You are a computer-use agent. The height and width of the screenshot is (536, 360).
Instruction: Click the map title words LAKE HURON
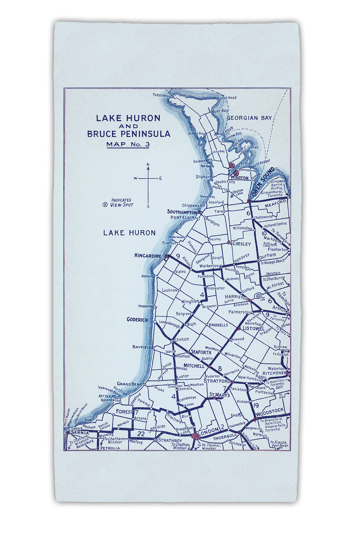[128, 118]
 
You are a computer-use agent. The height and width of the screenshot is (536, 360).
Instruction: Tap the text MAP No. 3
[128, 144]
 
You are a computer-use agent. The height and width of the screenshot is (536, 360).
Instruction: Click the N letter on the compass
[148, 165]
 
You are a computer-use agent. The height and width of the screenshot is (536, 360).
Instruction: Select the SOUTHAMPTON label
[181, 212]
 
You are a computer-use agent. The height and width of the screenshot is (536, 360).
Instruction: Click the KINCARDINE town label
[147, 256]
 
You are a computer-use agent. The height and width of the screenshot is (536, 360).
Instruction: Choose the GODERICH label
[137, 320]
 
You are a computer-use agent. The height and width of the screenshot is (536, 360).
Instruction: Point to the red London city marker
[196, 436]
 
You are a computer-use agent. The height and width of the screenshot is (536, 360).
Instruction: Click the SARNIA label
[80, 432]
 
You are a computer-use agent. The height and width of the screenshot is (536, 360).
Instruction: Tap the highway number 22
[141, 434]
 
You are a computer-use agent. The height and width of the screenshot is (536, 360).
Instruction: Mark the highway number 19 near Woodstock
[256, 405]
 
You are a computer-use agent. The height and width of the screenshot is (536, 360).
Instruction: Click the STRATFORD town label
[217, 381]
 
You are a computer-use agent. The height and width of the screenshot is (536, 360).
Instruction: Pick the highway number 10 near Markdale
[264, 233]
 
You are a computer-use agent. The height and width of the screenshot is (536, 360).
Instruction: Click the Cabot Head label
[227, 98]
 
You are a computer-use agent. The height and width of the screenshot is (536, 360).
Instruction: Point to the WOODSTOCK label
[269, 410]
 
